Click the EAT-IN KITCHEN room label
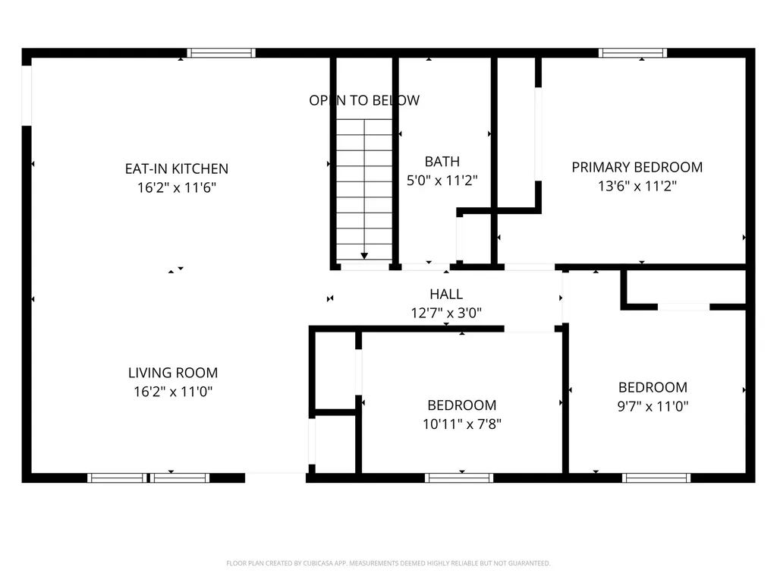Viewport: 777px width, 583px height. [x=176, y=169]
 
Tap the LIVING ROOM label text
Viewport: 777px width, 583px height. [x=172, y=373]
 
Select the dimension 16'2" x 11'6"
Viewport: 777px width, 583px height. [x=176, y=188]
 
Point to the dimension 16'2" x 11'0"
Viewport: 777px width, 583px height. [x=172, y=392]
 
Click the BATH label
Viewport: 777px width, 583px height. [x=442, y=161]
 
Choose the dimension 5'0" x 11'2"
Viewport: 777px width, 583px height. [x=442, y=181]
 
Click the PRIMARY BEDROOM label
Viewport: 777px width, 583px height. [x=637, y=167]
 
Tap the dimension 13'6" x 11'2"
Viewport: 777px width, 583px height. [x=637, y=186]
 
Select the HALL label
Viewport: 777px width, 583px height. [x=445, y=294]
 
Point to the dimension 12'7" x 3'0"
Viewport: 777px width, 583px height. [x=445, y=312]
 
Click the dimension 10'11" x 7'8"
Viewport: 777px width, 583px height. [x=461, y=424]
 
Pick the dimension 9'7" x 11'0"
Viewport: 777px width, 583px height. [x=653, y=406]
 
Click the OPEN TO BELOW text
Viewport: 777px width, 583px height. [x=363, y=100]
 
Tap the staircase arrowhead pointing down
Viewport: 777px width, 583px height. [x=364, y=257]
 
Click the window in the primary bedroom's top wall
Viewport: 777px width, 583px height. [x=632, y=53]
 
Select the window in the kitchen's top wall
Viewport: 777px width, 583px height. [x=221, y=53]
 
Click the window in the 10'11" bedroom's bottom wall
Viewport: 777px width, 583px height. [x=459, y=477]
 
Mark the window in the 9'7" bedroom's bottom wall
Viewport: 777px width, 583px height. [x=656, y=477]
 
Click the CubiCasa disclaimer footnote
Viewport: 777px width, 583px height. [x=388, y=563]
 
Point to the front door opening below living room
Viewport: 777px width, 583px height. [x=275, y=477]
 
